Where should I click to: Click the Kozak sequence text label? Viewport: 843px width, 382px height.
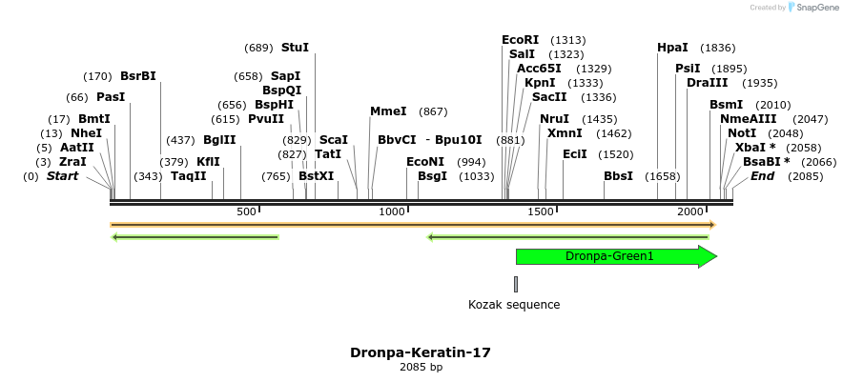(x=514, y=305)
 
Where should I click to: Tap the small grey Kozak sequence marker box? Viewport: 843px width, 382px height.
(x=516, y=284)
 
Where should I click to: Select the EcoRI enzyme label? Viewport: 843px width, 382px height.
(x=520, y=40)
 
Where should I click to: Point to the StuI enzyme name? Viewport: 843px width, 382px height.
(x=295, y=48)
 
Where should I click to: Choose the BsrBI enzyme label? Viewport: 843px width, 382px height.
(x=138, y=76)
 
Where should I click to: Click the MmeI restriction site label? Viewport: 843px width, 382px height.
(x=388, y=111)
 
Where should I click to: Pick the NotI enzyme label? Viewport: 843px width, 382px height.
(x=742, y=133)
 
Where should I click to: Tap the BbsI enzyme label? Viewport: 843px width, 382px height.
(x=618, y=176)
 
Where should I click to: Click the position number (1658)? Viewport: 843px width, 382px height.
(x=662, y=176)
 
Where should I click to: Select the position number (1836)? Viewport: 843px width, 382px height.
(x=717, y=48)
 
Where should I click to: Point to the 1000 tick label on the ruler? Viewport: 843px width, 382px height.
(x=393, y=211)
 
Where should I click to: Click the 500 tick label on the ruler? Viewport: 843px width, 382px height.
(x=246, y=211)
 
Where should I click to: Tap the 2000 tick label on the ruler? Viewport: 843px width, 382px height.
(x=689, y=211)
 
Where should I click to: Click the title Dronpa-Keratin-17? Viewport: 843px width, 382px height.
(x=421, y=352)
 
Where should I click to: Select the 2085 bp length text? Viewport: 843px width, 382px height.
(x=421, y=367)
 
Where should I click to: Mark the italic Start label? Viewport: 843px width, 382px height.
(x=62, y=176)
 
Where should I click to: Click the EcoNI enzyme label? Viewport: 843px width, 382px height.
(x=425, y=162)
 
